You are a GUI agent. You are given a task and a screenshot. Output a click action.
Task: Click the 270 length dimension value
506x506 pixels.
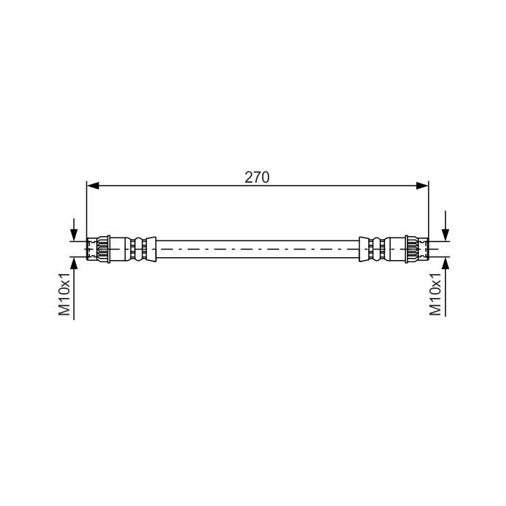[257, 178]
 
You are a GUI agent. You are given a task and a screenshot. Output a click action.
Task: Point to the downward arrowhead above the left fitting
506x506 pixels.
[74, 235]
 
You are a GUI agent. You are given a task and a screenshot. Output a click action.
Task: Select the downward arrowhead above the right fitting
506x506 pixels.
[445, 235]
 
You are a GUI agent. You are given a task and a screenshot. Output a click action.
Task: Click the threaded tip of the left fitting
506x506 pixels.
[91, 249]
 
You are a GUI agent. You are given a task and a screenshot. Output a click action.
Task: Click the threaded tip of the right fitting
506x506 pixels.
[424, 249]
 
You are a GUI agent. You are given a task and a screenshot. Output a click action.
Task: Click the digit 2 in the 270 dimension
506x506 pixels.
[249, 178]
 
